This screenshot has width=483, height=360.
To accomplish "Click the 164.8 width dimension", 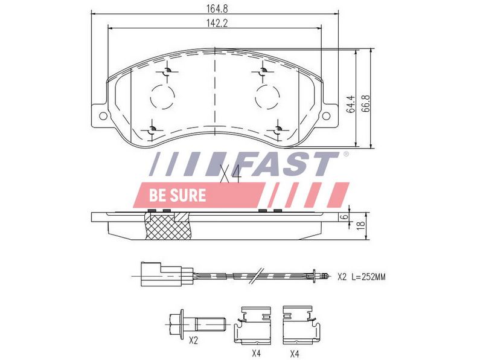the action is [x=217, y=8].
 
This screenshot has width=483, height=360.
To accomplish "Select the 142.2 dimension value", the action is [x=217, y=24].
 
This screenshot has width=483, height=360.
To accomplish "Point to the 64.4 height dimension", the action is [x=351, y=104].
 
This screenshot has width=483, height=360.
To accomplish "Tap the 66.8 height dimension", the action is [x=366, y=103].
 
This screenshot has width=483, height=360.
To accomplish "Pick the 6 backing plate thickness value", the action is [x=345, y=216].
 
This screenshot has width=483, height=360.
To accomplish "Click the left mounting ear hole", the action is [x=103, y=116].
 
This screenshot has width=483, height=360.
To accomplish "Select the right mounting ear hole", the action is [x=326, y=116].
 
